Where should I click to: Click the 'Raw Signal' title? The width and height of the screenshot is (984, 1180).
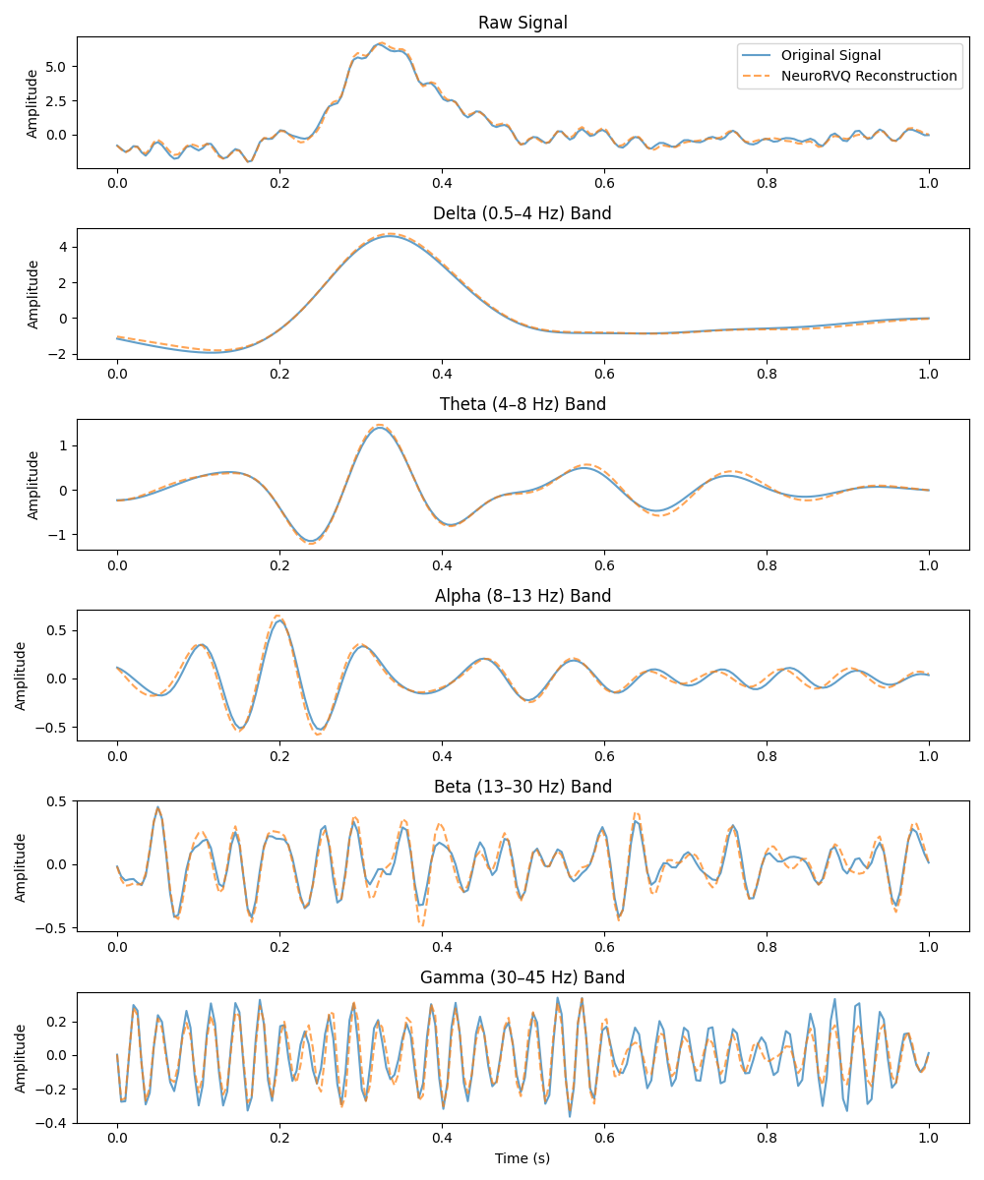(523, 23)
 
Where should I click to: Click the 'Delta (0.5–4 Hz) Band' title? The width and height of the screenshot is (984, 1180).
(523, 213)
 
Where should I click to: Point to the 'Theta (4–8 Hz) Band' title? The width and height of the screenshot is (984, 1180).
(523, 404)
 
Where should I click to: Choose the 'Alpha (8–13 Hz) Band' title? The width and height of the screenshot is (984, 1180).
(523, 596)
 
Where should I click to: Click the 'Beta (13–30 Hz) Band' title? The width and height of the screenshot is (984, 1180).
(523, 787)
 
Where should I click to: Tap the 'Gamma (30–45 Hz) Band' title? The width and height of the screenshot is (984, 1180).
(523, 977)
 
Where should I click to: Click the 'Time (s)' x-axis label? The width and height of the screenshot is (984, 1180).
(523, 1158)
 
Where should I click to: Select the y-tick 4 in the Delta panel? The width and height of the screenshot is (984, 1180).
(61, 247)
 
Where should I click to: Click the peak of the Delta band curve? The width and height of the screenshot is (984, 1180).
(391, 236)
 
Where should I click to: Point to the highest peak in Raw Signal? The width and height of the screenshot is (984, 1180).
(381, 44)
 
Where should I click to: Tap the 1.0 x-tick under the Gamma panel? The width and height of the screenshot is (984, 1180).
(929, 1139)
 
